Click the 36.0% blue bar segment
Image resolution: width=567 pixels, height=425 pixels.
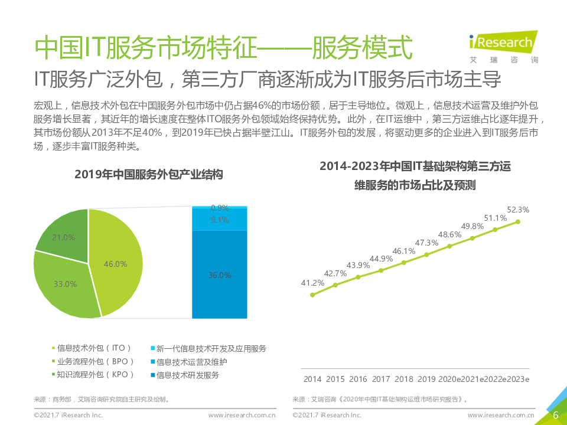tap(220, 274)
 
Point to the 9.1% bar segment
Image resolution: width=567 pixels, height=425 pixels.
tap(220, 220)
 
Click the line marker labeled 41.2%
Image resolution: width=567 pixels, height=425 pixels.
tap(312, 295)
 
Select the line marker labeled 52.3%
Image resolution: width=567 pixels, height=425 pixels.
tap(518, 221)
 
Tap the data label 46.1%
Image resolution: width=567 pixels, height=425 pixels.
tap(404, 250)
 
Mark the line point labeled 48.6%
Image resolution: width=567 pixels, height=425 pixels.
tap(449, 246)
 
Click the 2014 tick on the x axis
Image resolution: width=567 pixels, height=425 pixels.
tap(312, 379)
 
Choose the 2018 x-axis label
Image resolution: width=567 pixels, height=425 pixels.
tap(404, 379)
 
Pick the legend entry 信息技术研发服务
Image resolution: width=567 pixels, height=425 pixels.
tap(187, 375)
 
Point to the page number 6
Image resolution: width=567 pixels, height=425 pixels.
tap(555, 415)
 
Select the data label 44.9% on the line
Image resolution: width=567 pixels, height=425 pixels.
tap(381, 258)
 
